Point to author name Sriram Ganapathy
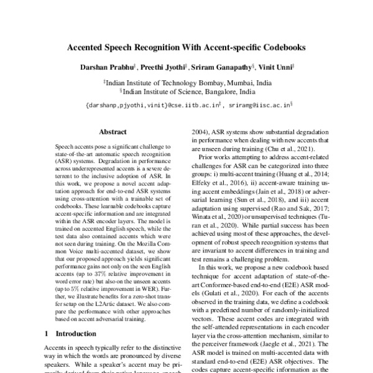click(x=219, y=66)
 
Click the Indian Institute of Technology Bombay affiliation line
click(x=186, y=81)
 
